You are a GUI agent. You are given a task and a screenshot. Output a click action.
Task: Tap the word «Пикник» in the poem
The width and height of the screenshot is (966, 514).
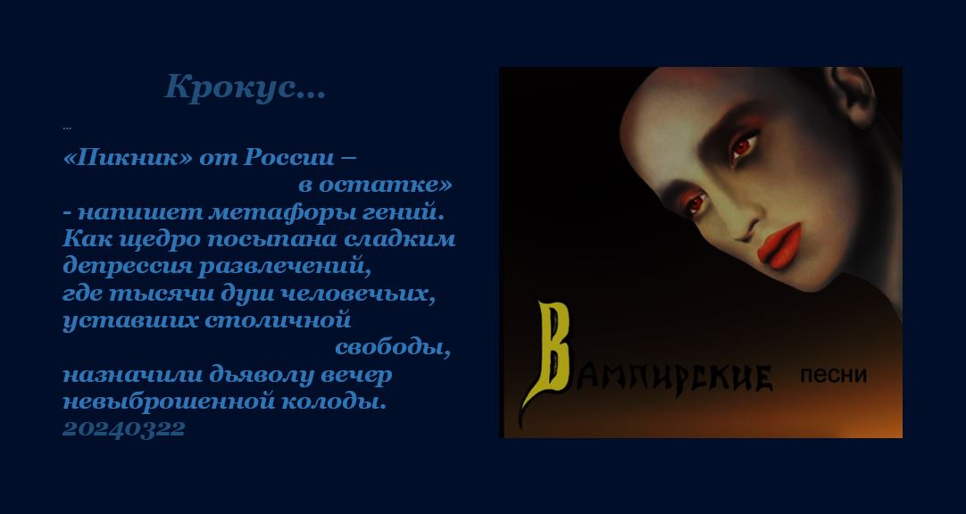coord(129,158)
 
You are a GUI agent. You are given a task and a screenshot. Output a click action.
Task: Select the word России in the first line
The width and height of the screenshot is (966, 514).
coord(288,158)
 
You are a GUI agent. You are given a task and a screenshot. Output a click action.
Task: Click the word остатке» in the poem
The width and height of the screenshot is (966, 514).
coord(385,185)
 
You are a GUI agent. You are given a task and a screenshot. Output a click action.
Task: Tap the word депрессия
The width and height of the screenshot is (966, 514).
coord(128,267)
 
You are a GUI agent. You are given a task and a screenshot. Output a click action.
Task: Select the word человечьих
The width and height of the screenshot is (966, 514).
coord(358,294)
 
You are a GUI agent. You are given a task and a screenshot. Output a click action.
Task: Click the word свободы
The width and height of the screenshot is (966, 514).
coord(393,348)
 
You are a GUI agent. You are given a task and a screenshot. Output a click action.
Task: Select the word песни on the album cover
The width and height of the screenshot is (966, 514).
coord(833,375)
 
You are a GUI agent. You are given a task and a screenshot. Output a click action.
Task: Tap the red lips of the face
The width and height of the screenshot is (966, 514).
coord(780,245)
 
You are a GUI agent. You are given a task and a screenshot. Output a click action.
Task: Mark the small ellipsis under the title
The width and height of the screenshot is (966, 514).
coord(67,128)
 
